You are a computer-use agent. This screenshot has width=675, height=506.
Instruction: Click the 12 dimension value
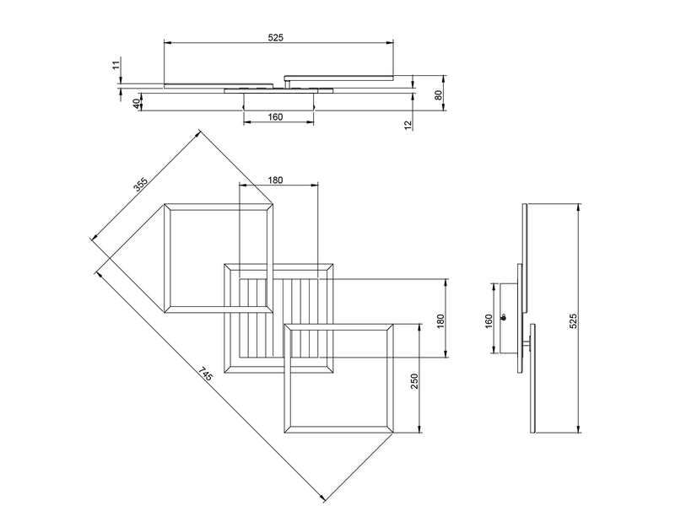tap(408, 125)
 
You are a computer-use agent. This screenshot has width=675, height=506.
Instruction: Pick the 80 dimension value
tap(439, 94)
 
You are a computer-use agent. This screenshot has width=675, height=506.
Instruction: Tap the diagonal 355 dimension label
tap(140, 186)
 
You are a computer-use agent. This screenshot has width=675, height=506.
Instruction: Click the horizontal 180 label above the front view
tap(276, 180)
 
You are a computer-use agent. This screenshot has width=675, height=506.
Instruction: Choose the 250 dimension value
tap(414, 381)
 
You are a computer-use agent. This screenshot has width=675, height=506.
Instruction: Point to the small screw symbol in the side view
tap(504, 317)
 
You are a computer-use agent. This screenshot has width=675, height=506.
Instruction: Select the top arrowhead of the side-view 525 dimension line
tap(578, 207)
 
